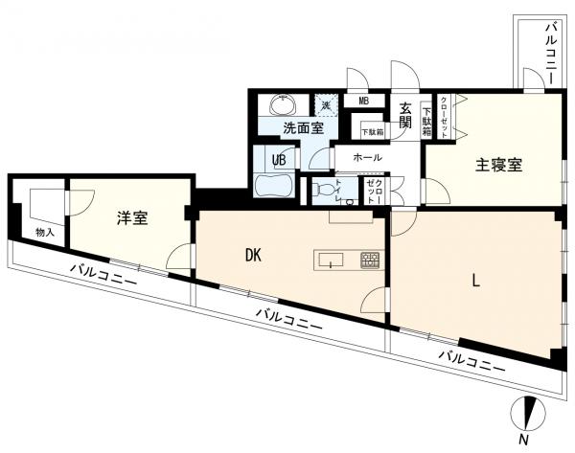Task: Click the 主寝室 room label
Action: coord(498,165)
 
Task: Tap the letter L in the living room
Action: coord(475,281)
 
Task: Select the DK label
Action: coord(253,255)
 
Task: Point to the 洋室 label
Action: coord(132,217)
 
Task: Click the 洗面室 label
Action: coord(304,128)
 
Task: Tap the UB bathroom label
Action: coord(279,160)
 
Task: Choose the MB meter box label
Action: coord(363,102)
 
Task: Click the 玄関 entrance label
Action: coord(405,115)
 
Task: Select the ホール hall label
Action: coord(367,158)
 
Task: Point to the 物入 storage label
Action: coord(45,232)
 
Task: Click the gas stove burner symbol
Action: coord(370,260)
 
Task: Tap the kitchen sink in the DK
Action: coord(332,260)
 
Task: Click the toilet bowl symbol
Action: coord(326,190)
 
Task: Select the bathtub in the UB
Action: coord(273,186)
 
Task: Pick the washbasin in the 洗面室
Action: coord(283,104)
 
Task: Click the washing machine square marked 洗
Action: coord(326,105)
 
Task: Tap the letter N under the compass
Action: coord(525,440)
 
